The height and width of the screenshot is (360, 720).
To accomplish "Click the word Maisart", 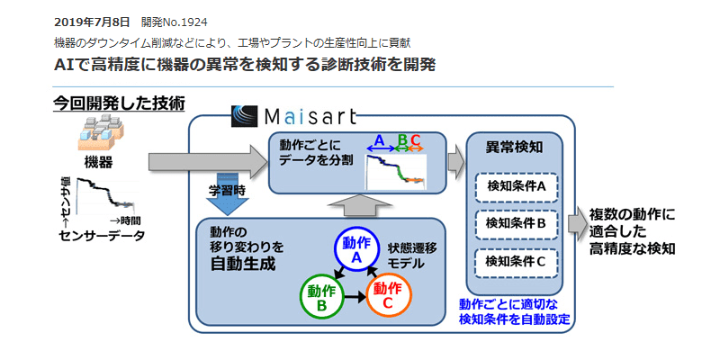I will click(310, 117).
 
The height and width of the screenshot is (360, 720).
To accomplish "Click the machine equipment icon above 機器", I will click(98, 135).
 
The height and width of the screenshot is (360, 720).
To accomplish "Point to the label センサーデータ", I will click(96, 237).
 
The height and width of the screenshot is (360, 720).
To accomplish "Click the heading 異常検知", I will click(512, 147).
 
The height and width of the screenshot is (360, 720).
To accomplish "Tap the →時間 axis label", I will click(126, 220).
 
